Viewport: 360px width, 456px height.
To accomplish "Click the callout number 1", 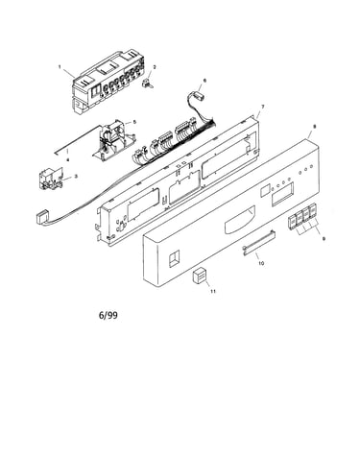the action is [60, 67].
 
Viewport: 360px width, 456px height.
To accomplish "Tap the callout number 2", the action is [155, 67].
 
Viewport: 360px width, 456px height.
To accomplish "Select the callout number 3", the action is [76, 176].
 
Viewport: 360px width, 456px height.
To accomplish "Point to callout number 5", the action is [134, 122].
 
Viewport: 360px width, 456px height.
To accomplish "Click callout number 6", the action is [204, 81].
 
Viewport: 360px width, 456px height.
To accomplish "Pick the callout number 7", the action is [263, 107].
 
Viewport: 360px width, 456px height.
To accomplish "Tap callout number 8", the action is [314, 127].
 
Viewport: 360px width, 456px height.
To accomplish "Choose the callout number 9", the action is [324, 238].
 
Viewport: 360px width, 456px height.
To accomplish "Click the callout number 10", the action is [261, 263].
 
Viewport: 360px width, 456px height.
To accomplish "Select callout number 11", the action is [213, 291].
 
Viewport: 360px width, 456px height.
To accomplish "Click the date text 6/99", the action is [108, 316].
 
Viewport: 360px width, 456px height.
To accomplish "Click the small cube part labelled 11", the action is [199, 276].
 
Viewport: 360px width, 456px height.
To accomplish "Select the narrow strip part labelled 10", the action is [258, 242].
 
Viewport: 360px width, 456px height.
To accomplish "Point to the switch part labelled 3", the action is [49, 180].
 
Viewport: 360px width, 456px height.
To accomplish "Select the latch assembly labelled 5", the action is [113, 139].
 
